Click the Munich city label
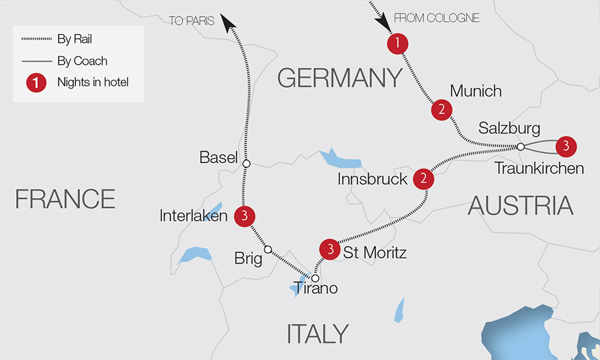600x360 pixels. tap(475, 91)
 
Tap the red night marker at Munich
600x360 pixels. tap(441, 110)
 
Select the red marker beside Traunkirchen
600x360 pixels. tap(565, 145)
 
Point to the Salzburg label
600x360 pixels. tap(509, 128)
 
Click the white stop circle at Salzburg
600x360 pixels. tap(521, 147)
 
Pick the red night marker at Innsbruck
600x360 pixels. tap(423, 179)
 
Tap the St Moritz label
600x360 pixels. tap(375, 253)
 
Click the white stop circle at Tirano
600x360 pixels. tap(315, 278)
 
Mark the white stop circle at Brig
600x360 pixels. tap(268, 250)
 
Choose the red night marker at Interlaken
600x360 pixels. tap(245, 215)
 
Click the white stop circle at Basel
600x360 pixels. tap(246, 163)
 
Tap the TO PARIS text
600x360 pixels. tap(191, 21)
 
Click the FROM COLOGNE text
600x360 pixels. tap(437, 18)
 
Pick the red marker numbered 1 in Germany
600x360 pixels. tap(397, 44)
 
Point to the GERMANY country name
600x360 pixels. tap(340, 78)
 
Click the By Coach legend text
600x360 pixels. tap(82, 61)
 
